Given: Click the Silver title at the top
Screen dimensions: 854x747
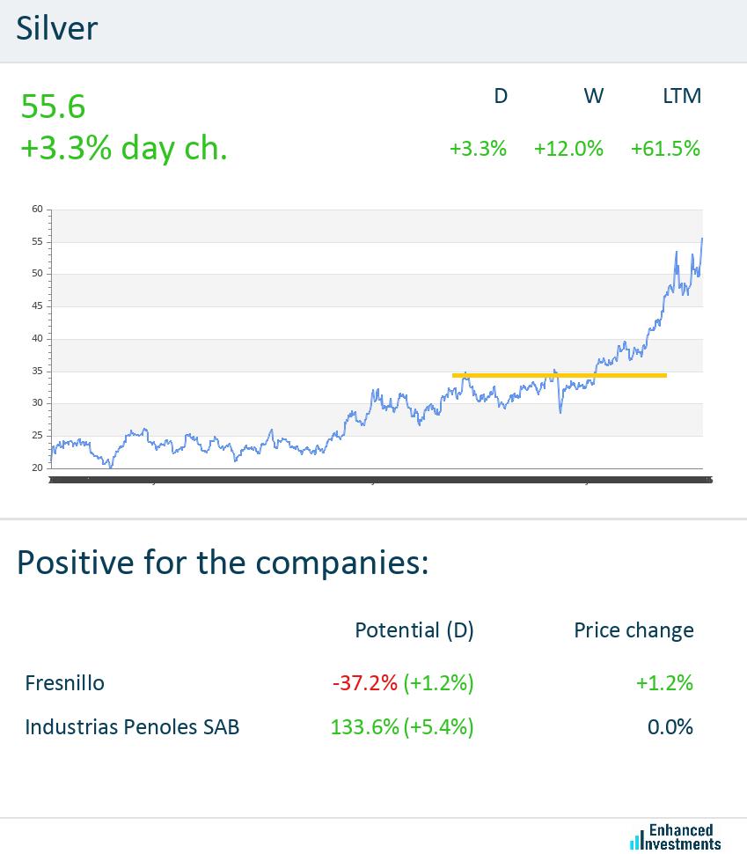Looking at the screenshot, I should pyautogui.click(x=57, y=29).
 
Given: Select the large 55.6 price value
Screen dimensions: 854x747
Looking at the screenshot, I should pyautogui.click(x=53, y=107).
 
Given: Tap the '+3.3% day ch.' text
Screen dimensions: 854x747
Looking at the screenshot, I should pyautogui.click(x=123, y=148).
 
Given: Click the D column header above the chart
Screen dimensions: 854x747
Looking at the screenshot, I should pyautogui.click(x=501, y=96).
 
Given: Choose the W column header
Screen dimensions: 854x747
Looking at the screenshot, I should pyautogui.click(x=594, y=96).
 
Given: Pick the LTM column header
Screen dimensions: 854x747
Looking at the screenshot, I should pyautogui.click(x=682, y=96).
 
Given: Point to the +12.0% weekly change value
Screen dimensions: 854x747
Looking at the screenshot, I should pyautogui.click(x=568, y=149).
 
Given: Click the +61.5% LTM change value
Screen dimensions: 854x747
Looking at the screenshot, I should pyautogui.click(x=665, y=149).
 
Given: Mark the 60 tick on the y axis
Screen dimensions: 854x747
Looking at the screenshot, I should pyautogui.click(x=37, y=210).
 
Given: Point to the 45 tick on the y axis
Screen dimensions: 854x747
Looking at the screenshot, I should pyautogui.click(x=37, y=306).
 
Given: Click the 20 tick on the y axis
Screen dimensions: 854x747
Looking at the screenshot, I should pyautogui.click(x=37, y=467).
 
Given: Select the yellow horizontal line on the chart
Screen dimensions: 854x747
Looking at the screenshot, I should pyautogui.click(x=559, y=376).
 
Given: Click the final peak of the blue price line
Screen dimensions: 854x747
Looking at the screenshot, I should pyautogui.click(x=701, y=239).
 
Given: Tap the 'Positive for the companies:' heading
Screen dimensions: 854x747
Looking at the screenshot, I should pyautogui.click(x=223, y=561).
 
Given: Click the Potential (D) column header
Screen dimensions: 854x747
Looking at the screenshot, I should pyautogui.click(x=414, y=630).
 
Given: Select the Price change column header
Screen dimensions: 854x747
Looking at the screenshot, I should pyautogui.click(x=633, y=630).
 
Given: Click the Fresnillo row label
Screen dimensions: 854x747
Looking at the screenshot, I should pyautogui.click(x=64, y=682).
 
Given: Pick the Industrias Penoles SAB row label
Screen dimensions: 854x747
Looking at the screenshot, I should pyautogui.click(x=132, y=727).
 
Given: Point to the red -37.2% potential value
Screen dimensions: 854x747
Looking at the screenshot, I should pyautogui.click(x=365, y=682).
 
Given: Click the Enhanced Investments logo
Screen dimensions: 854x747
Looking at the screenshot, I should pyautogui.click(x=676, y=836).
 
